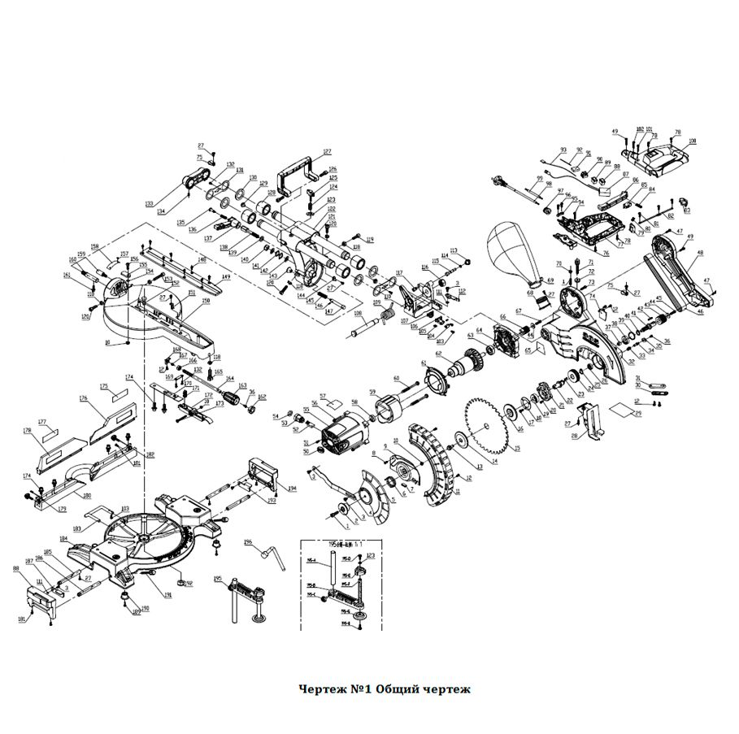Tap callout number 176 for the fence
82,398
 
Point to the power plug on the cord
495,179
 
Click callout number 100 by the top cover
692,141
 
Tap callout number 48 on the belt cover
700,253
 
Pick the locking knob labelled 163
238,399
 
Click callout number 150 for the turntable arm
206,302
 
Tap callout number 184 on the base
63,538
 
